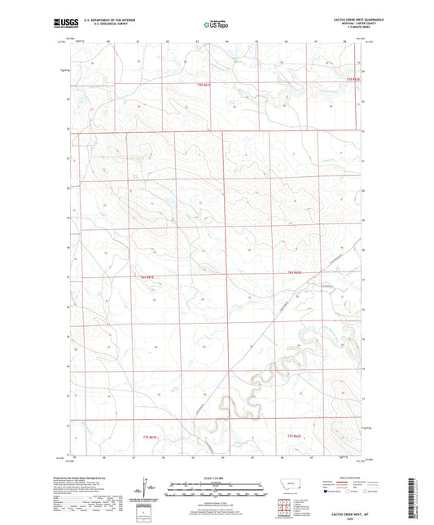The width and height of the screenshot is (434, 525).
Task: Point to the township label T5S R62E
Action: click(352, 79)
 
